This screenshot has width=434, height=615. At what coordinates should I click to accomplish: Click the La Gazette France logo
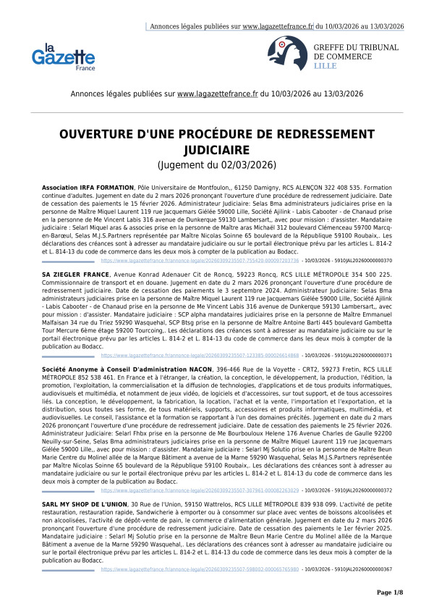(64, 56)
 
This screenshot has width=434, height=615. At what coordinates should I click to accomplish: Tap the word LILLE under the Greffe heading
(325, 65)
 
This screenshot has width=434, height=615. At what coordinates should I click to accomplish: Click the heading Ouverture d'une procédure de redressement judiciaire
(216, 142)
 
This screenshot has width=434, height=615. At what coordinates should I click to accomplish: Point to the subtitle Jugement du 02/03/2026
(216, 165)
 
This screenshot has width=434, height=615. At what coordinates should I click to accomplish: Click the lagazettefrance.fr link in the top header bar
(278, 26)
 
